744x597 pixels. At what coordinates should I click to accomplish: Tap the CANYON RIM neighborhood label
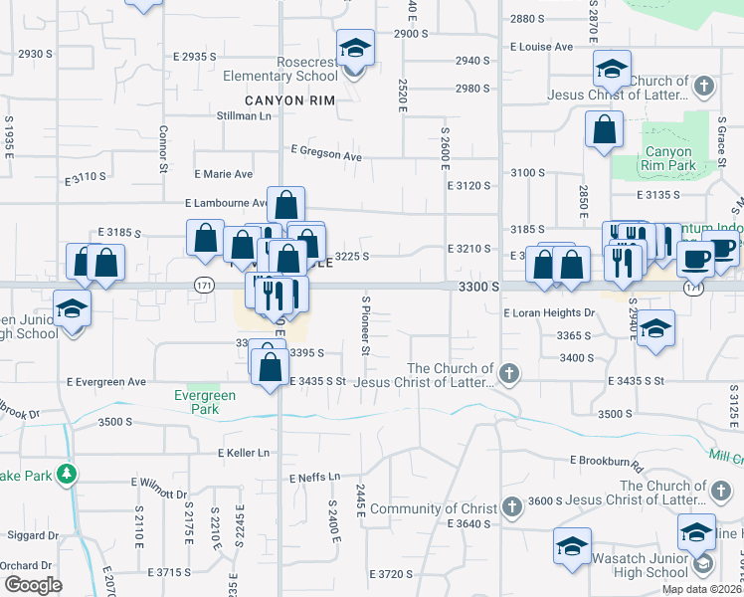290,100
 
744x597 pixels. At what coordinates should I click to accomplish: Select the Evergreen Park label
204,402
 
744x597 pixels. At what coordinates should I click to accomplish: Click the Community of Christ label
447,509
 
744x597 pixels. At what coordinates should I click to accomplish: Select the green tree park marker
67,474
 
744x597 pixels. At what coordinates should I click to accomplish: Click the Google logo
33,585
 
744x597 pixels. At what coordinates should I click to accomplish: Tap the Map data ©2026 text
702,589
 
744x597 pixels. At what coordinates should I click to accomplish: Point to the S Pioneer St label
366,325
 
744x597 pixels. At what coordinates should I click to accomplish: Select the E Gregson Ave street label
326,155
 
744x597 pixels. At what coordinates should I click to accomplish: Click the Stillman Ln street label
244,116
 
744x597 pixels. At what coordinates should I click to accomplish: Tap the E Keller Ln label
244,453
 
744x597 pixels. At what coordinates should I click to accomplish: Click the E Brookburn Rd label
607,461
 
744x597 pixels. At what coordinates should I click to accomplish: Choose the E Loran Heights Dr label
549,312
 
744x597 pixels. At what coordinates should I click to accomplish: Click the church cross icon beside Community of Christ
511,507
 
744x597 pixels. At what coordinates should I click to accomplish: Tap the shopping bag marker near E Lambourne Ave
285,206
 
